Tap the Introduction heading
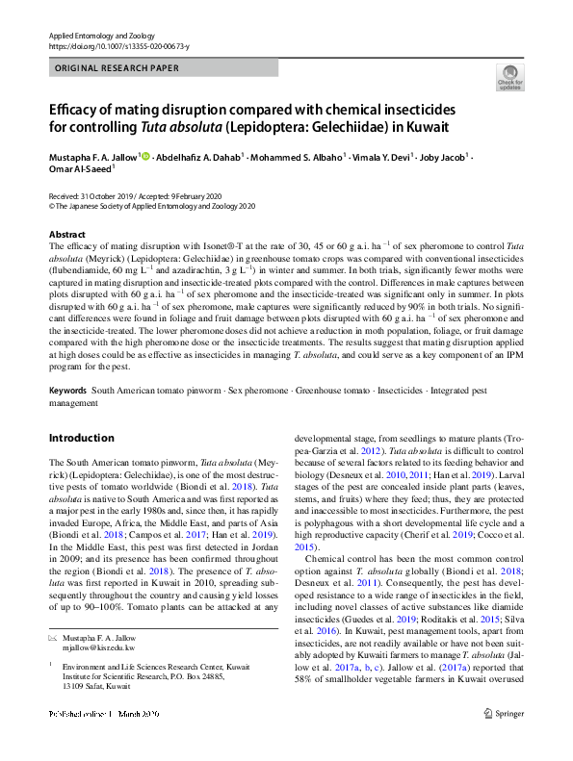click(81, 438)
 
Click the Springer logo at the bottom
click(504, 740)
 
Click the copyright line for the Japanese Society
click(152, 206)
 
